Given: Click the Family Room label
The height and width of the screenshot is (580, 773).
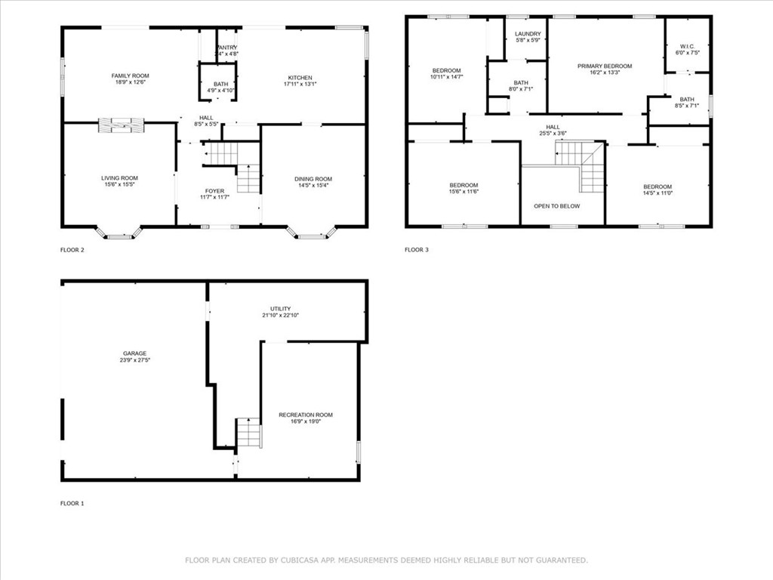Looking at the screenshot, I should (x=131, y=76).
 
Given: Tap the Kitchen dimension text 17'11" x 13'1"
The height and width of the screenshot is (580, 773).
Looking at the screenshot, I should (x=300, y=85).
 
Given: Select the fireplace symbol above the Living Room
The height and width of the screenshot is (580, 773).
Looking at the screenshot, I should (x=121, y=125).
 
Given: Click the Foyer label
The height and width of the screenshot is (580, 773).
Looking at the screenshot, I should (x=214, y=190).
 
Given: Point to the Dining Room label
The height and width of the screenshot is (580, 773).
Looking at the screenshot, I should (x=313, y=179).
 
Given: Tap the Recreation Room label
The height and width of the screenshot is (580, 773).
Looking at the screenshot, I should (x=305, y=415).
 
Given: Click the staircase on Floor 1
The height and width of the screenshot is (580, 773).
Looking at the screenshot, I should (x=249, y=433).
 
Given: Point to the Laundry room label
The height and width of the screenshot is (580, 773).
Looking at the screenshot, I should (x=528, y=34).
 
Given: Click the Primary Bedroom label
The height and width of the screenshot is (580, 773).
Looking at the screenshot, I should (x=605, y=66).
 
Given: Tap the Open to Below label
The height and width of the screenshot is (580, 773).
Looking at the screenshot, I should (x=557, y=205).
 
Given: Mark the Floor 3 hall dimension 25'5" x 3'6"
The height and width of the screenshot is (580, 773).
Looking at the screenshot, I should (x=553, y=134).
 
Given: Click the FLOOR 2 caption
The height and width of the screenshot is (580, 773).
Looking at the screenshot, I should (x=72, y=249).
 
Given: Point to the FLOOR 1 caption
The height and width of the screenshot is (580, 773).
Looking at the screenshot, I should (x=72, y=502).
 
